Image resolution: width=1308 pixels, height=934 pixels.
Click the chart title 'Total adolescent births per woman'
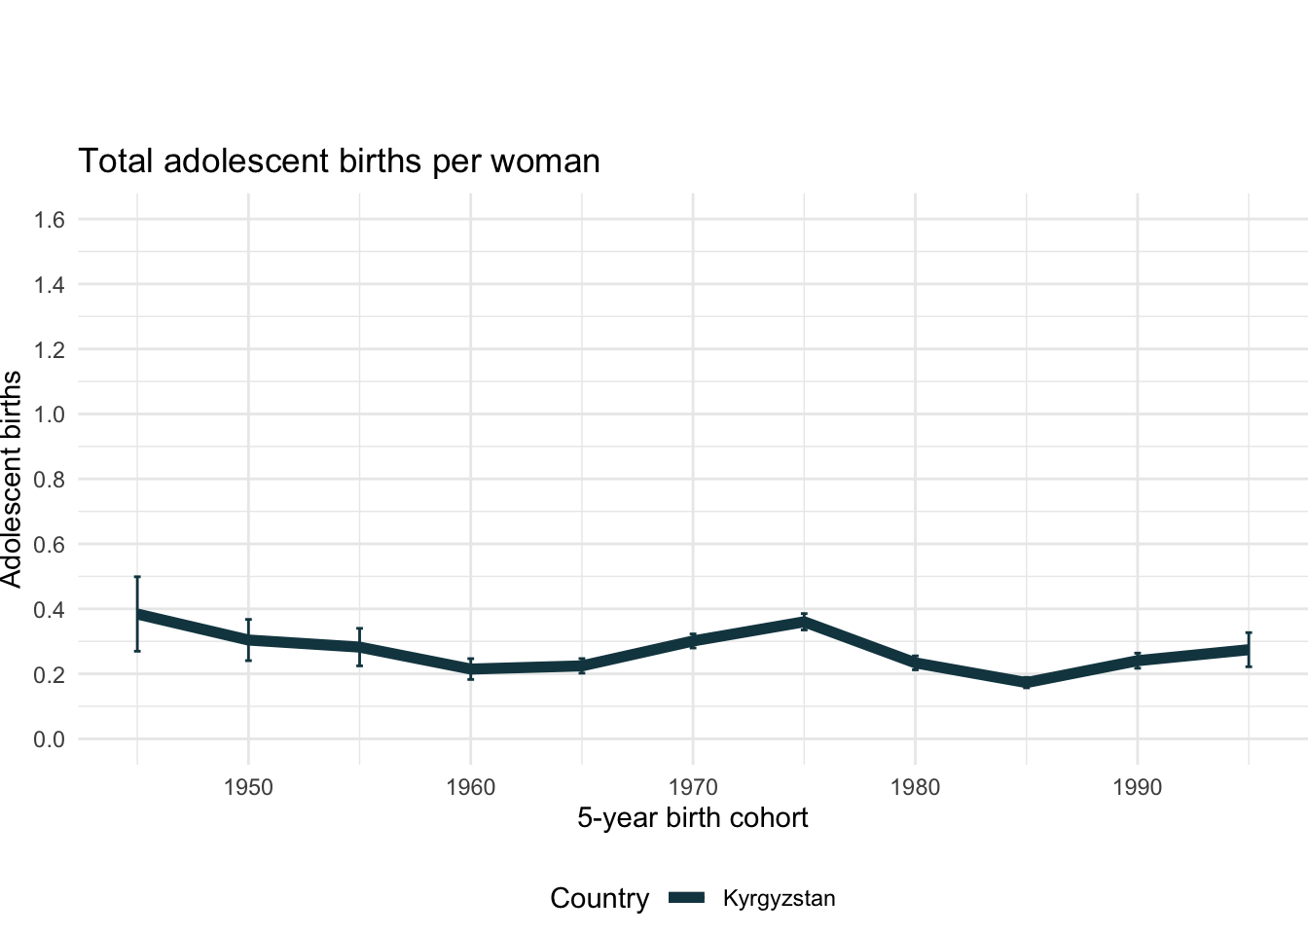[339, 161]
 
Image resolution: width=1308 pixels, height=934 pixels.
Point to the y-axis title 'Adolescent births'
[12, 479]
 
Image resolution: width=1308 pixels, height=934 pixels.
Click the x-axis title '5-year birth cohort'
[692, 817]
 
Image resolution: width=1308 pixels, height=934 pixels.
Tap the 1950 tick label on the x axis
[248, 787]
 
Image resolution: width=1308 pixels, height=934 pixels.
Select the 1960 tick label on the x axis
[470, 787]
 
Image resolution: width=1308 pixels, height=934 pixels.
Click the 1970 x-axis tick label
[692, 787]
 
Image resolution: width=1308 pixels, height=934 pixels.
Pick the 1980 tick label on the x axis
[915, 787]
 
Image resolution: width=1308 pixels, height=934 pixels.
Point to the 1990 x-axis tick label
[1137, 787]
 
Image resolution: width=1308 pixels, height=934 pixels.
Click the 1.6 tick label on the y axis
[49, 220]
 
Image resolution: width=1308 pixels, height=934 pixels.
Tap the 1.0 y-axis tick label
[49, 414]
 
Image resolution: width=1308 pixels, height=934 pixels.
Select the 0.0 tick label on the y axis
[49, 739]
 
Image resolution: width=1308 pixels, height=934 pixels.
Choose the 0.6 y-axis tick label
[49, 545]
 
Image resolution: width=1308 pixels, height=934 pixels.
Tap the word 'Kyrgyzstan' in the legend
[779, 898]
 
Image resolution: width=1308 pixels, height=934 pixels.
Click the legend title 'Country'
[599, 898]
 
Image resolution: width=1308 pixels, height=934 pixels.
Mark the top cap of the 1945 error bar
[137, 577]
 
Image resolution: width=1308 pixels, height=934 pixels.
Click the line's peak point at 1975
[804, 621]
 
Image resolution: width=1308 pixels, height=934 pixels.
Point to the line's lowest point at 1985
[1026, 683]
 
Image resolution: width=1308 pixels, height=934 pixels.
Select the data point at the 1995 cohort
[1249, 649]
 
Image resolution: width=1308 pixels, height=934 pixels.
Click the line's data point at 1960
[470, 669]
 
